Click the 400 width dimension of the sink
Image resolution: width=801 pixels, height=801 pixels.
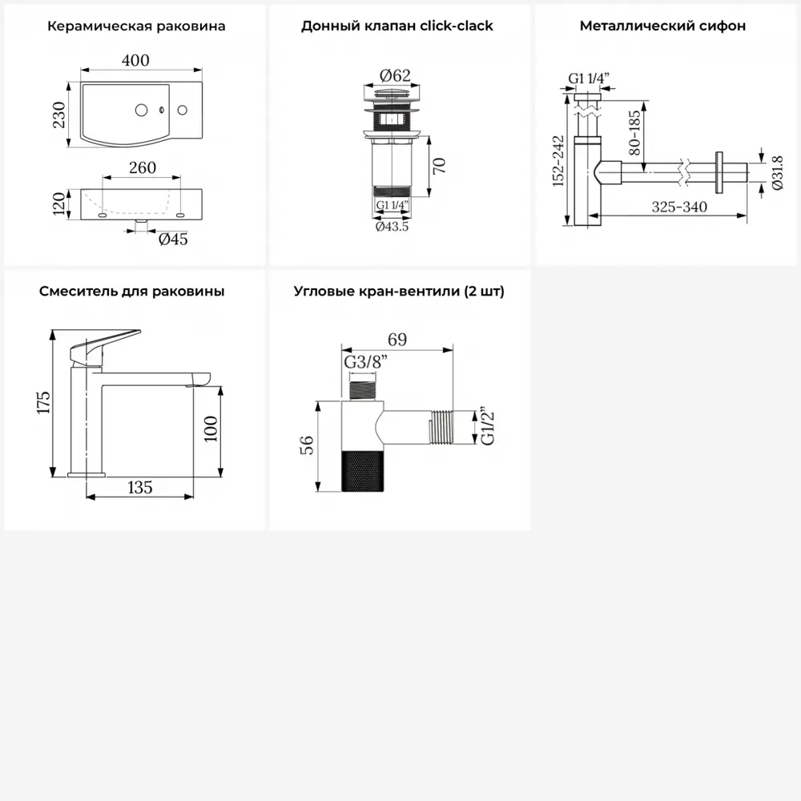(x=135, y=60)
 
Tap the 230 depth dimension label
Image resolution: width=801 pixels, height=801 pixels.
(x=59, y=115)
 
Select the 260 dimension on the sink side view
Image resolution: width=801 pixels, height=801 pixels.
(x=143, y=167)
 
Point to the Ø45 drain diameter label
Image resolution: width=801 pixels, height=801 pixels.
(x=173, y=239)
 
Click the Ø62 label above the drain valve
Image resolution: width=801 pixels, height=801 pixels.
(x=395, y=75)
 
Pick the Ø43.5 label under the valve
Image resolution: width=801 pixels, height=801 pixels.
(x=392, y=227)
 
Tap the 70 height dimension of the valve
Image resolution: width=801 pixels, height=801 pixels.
(x=439, y=166)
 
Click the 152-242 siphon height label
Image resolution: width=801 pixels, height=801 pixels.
(x=558, y=160)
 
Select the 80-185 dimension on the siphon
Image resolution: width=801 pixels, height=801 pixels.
(x=634, y=133)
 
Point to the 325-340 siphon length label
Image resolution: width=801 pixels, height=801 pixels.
(x=679, y=207)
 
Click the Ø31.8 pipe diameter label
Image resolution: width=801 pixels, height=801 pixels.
(x=777, y=173)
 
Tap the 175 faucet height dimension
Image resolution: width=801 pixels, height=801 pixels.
(x=44, y=402)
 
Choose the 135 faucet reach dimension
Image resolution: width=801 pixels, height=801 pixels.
(x=140, y=487)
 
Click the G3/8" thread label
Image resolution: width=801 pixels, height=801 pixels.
(x=366, y=362)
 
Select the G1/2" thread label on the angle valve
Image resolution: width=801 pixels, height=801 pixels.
(x=488, y=427)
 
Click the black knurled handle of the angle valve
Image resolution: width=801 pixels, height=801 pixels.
(x=363, y=472)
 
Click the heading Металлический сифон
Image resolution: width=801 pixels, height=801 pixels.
(x=662, y=26)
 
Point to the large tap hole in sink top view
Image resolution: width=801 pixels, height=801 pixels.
(x=142, y=110)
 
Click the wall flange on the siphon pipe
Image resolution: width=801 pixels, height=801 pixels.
(x=719, y=172)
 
